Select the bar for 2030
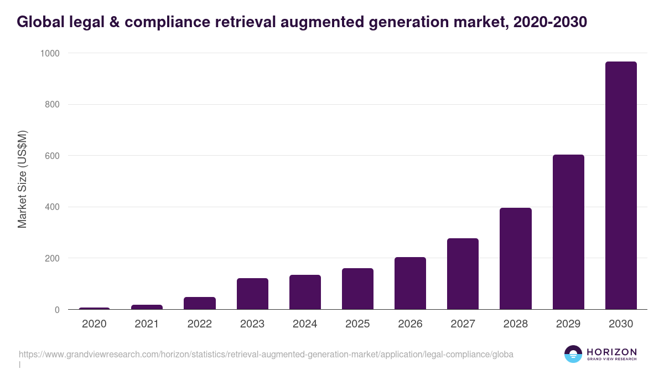(621, 186)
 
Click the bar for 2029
(568, 232)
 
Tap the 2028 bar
(516, 259)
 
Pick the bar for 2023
(252, 294)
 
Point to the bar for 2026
(410, 284)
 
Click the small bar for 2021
(147, 307)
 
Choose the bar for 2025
(357, 289)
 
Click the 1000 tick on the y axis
(50, 53)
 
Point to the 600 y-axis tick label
(52, 156)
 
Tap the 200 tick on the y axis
(52, 258)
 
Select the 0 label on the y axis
(57, 310)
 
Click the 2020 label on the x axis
(94, 324)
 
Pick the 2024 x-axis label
(305, 324)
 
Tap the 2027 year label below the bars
(463, 324)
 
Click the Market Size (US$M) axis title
(23, 180)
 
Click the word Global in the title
(39, 22)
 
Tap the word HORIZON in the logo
(611, 352)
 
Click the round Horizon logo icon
(573, 354)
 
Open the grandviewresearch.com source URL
(266, 354)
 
